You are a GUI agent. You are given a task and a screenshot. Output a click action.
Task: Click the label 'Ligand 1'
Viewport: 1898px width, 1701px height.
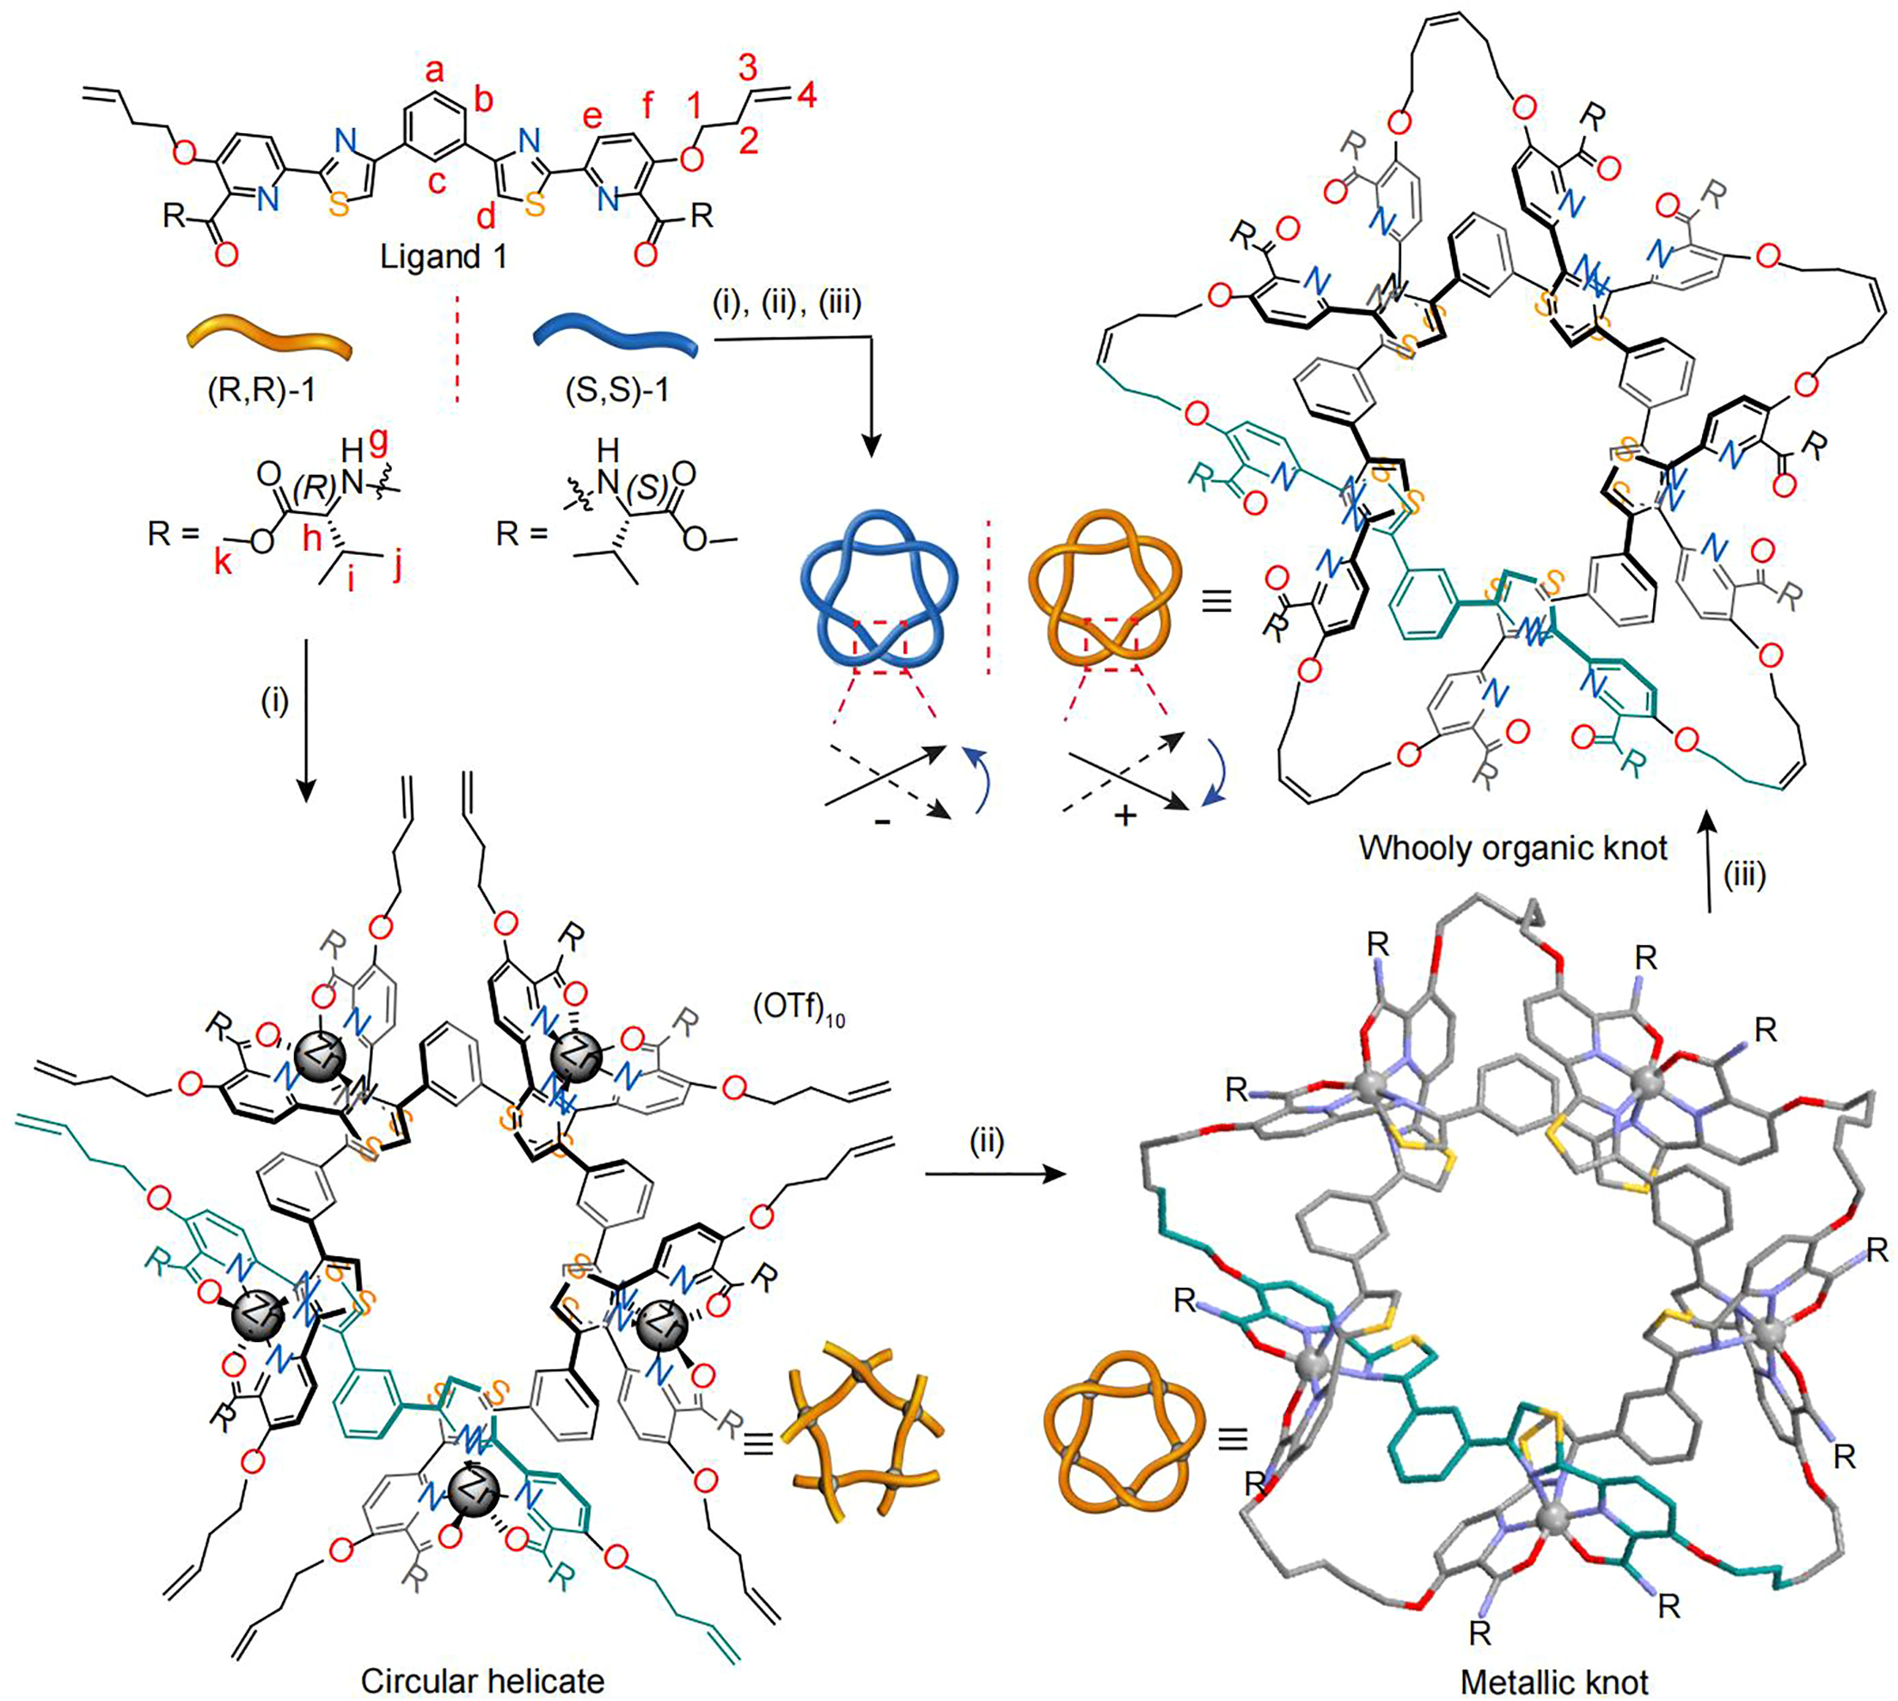pyautogui.click(x=444, y=256)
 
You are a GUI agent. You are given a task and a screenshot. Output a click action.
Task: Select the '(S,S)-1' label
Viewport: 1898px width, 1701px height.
pyautogui.click(x=620, y=389)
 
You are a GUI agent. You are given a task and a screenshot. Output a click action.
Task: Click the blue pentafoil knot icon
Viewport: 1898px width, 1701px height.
pyautogui.click(x=878, y=588)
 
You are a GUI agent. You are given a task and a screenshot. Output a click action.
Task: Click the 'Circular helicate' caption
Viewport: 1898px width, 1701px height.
pyautogui.click(x=482, y=1680)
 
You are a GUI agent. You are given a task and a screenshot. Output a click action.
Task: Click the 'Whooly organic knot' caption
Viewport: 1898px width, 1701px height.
pyautogui.click(x=1513, y=848)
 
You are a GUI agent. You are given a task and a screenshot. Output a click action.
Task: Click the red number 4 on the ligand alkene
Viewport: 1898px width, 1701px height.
pyautogui.click(x=806, y=94)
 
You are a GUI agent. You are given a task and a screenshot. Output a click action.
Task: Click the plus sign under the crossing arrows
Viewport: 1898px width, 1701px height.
pyautogui.click(x=1127, y=816)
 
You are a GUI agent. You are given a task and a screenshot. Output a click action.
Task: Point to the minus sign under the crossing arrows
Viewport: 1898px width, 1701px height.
pyautogui.click(x=880, y=820)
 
